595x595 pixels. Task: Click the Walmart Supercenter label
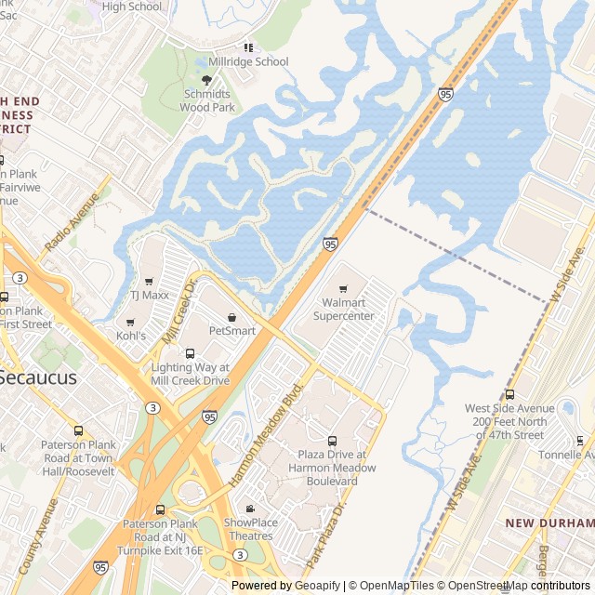pyautogui.click(x=343, y=310)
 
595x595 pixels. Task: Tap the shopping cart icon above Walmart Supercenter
pyautogui.click(x=342, y=289)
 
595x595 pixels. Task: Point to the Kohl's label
pyautogui.click(x=130, y=336)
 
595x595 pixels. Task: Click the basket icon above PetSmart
pyautogui.click(x=231, y=317)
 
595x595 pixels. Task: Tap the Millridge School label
pyautogui.click(x=248, y=62)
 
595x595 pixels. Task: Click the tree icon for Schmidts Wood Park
pyautogui.click(x=206, y=81)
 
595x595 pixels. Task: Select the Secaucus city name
pyautogui.click(x=37, y=378)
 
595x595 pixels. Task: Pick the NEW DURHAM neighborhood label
pyautogui.click(x=549, y=523)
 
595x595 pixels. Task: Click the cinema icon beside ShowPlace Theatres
pyautogui.click(x=250, y=509)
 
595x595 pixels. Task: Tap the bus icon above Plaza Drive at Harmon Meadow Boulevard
pyautogui.click(x=332, y=441)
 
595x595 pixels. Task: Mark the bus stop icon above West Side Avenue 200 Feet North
pyautogui.click(x=509, y=394)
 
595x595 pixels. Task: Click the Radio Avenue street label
pyautogui.click(x=72, y=222)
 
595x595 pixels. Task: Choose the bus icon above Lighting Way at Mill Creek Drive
pyautogui.click(x=190, y=354)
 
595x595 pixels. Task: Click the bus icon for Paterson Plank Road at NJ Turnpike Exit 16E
pyautogui.click(x=160, y=509)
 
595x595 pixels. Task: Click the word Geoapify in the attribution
pyautogui.click(x=317, y=586)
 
